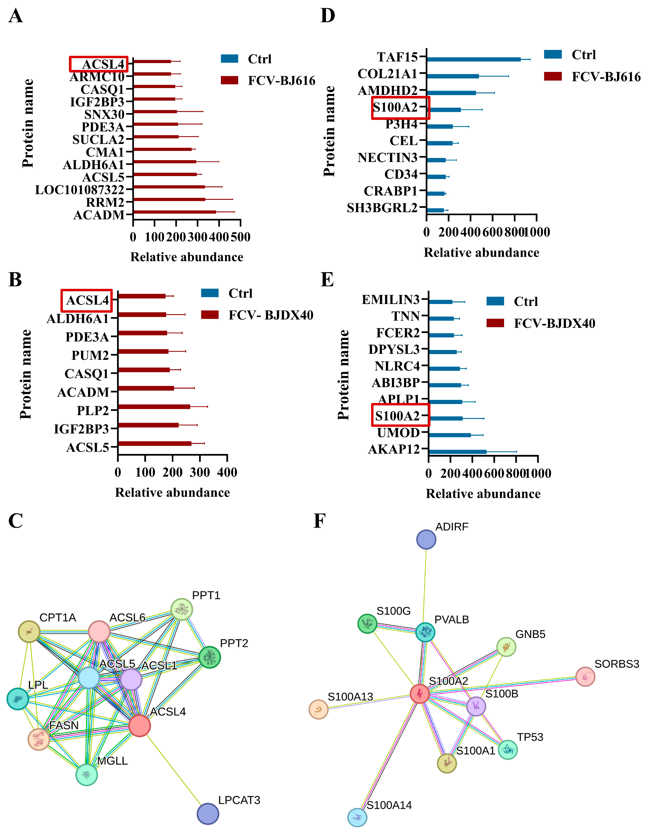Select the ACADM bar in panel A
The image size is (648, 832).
pyautogui.click(x=174, y=212)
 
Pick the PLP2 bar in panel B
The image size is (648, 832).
pyautogui.click(x=154, y=407)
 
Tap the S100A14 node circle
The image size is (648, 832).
pyautogui.click(x=357, y=817)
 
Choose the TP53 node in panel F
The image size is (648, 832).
pyautogui.click(x=508, y=750)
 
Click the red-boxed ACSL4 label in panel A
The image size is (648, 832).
pyautogui.click(x=99, y=64)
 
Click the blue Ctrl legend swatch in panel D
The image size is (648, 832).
pyautogui.click(x=553, y=54)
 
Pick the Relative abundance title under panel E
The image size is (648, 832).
pyautogui.click(x=483, y=494)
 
